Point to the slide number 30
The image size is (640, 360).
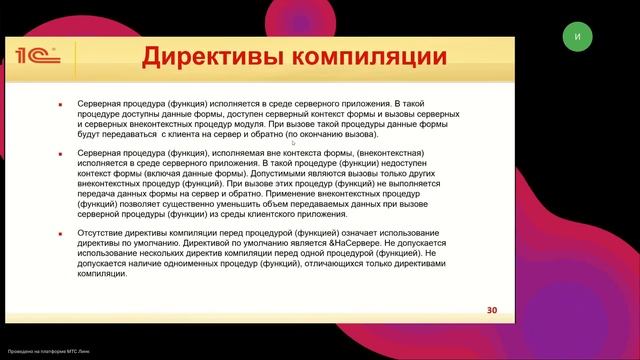(492, 309)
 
